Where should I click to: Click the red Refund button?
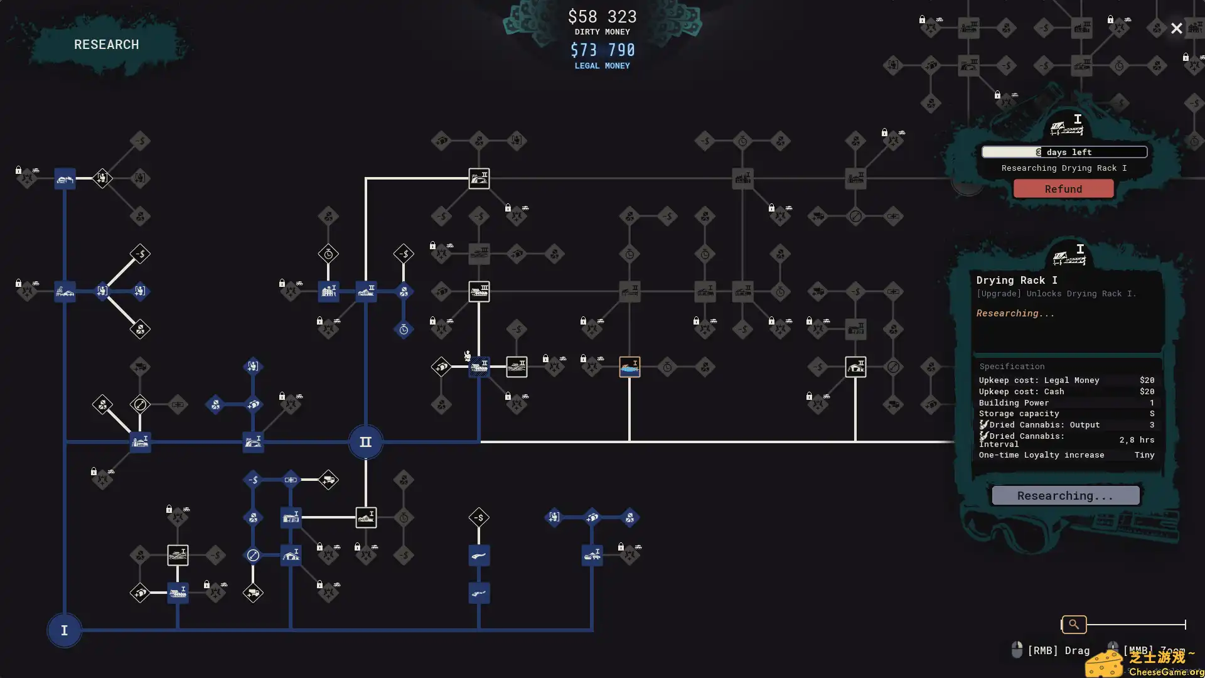pyautogui.click(x=1063, y=189)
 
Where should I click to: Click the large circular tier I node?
pyautogui.click(x=64, y=630)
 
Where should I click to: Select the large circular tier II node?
pyautogui.click(x=365, y=442)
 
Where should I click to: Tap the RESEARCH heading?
pyautogui.click(x=107, y=45)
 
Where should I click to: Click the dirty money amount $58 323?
pyautogui.click(x=602, y=17)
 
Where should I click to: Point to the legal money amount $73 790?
pyautogui.click(x=602, y=50)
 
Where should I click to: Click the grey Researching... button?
pyautogui.click(x=1065, y=496)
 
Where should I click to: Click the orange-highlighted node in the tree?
pyautogui.click(x=629, y=367)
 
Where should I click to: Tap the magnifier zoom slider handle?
pyautogui.click(x=1074, y=625)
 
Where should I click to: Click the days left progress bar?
pyautogui.click(x=1064, y=152)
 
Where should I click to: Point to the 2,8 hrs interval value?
pyautogui.click(x=1137, y=440)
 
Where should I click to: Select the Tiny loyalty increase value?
pyautogui.click(x=1144, y=455)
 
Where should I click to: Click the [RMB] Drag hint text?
pyautogui.click(x=1058, y=650)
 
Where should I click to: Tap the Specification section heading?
pyautogui.click(x=1012, y=367)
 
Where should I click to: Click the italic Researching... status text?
pyautogui.click(x=1015, y=313)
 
